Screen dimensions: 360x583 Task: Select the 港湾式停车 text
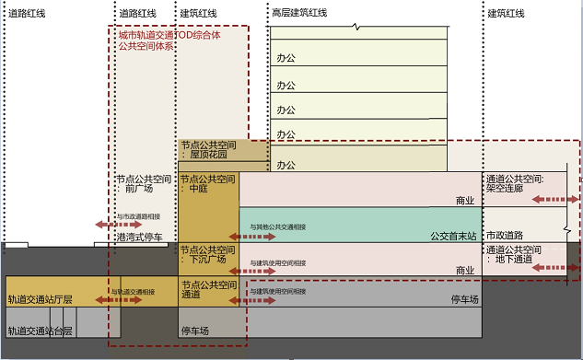pos(139,238)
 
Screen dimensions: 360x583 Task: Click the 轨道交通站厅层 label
pos(40,299)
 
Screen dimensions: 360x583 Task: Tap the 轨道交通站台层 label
pos(40,331)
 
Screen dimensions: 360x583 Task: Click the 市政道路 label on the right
pos(505,236)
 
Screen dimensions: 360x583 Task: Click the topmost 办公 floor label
pos(286,58)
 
